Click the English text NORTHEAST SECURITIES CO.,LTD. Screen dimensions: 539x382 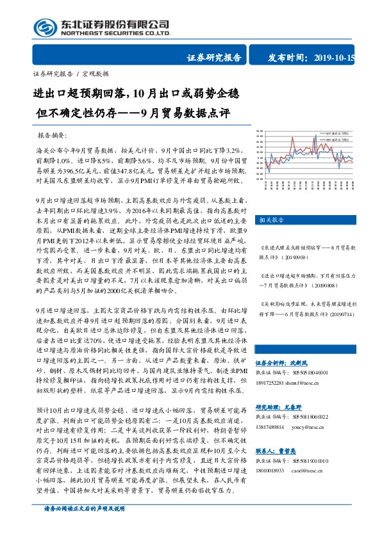click(x=116, y=33)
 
